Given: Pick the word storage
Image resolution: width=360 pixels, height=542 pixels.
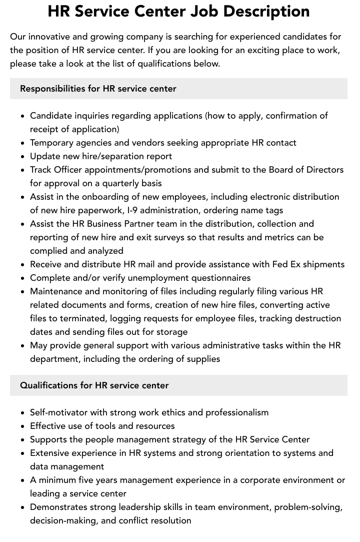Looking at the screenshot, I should tap(170, 332).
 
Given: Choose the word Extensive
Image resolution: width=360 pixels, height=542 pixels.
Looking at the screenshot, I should tap(49, 453).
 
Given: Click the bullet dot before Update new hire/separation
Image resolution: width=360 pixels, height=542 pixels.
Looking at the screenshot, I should tap(23, 157).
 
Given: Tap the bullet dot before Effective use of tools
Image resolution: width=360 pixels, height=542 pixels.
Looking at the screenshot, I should tap(23, 426).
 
